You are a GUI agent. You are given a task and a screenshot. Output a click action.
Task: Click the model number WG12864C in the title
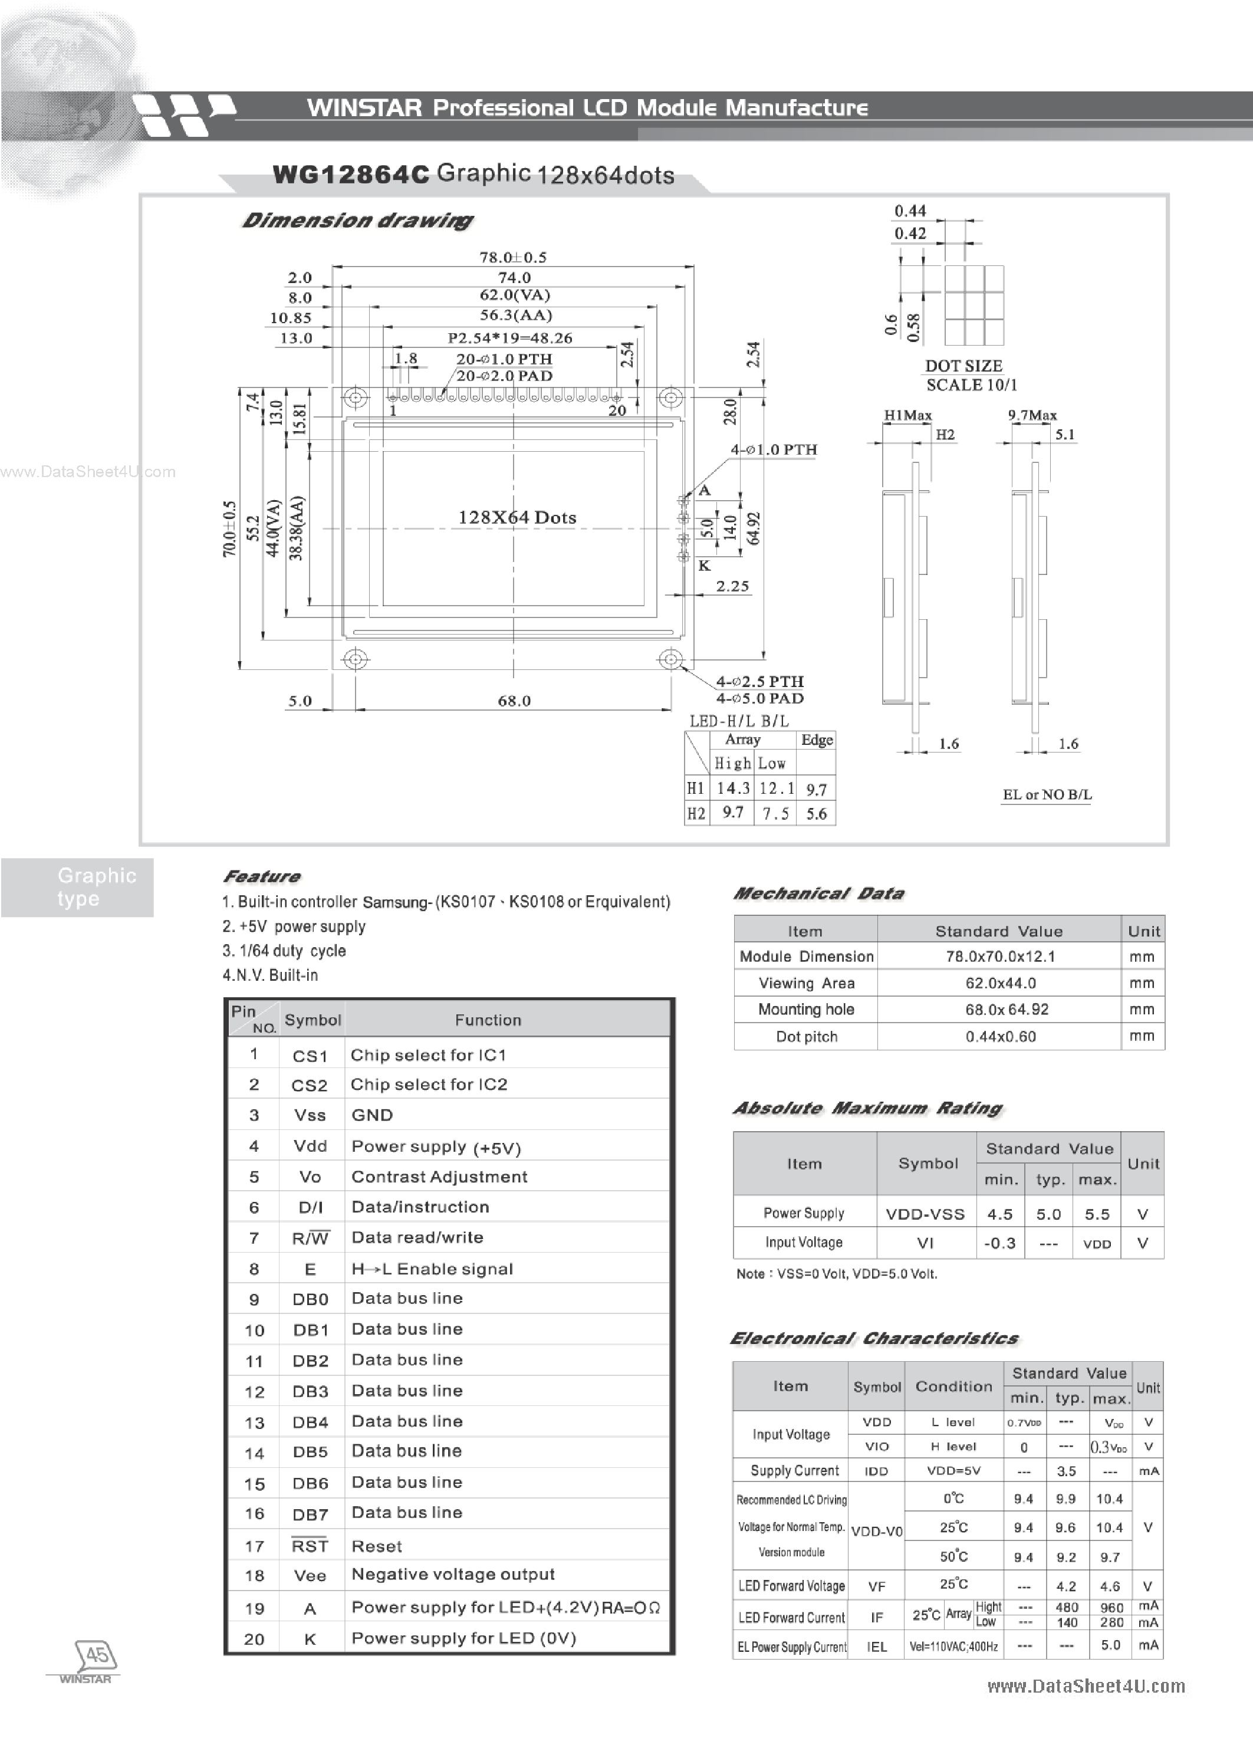[350, 175]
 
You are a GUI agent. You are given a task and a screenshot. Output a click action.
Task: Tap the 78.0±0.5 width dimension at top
[512, 257]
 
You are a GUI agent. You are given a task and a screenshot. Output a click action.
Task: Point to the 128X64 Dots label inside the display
[517, 518]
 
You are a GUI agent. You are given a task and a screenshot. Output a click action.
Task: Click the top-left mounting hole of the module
[355, 398]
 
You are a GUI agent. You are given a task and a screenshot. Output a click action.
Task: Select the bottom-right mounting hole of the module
[670, 659]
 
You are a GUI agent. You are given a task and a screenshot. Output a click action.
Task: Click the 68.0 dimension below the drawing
[514, 701]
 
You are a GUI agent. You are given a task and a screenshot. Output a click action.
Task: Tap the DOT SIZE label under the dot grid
[963, 366]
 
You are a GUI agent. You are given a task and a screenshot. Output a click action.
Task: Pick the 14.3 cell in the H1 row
[732, 788]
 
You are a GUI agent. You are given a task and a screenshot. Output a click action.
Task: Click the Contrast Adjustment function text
[439, 1176]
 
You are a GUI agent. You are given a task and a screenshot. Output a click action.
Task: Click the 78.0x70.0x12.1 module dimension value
[1000, 956]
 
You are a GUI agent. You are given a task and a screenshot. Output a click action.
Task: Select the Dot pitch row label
[806, 1036]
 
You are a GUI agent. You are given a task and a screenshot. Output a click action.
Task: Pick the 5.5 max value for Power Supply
[1096, 1214]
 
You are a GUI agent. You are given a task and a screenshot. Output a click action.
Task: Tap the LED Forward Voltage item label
[791, 1586]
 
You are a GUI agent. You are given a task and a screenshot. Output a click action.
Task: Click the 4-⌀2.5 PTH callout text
[759, 681]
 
